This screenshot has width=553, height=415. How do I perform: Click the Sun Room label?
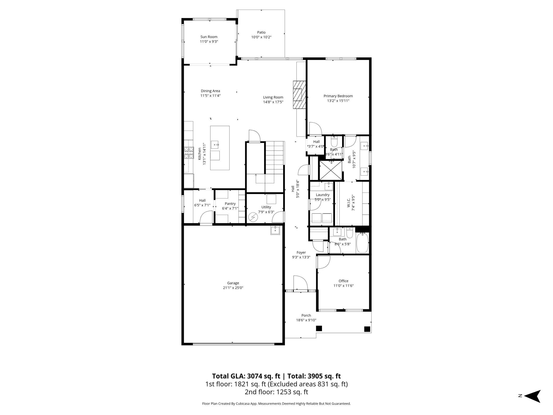(209, 37)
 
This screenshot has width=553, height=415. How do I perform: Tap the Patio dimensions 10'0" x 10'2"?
(261, 37)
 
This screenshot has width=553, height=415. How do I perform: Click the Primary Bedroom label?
(338, 96)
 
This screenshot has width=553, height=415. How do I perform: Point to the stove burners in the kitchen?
(189, 153)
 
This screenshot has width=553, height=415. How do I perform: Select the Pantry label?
(230, 204)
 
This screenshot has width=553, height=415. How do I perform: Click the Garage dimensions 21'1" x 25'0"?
(233, 288)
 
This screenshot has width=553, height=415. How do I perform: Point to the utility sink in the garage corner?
(275, 230)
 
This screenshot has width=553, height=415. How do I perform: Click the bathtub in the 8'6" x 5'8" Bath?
(362, 243)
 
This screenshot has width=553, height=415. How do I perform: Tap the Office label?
(343, 281)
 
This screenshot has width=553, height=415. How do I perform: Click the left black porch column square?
(319, 328)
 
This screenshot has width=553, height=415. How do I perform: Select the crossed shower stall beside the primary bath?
(330, 171)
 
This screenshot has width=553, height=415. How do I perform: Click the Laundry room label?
(322, 195)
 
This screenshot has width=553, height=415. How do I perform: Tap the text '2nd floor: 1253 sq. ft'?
(276, 392)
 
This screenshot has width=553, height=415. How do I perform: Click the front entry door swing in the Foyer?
(300, 283)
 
